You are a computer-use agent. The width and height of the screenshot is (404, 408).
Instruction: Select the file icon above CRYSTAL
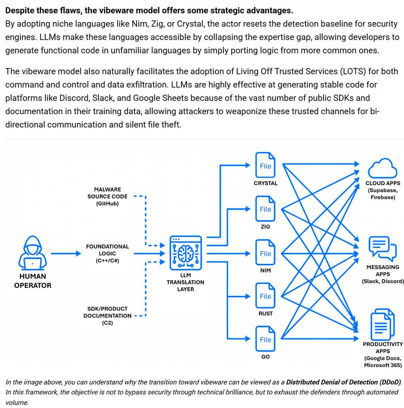click(x=265, y=165)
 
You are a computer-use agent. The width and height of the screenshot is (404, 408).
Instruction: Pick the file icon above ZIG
click(x=265, y=209)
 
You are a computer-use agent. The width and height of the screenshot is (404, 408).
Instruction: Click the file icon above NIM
click(x=265, y=253)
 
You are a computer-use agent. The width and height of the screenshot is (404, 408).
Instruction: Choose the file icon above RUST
click(x=265, y=296)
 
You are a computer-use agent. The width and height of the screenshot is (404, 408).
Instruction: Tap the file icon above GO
click(x=265, y=339)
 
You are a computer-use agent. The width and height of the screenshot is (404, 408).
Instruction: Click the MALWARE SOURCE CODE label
click(x=107, y=197)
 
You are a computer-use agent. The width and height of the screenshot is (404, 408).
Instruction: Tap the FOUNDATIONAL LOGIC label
click(x=107, y=253)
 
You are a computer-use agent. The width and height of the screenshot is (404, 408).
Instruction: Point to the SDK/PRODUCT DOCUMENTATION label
click(x=107, y=316)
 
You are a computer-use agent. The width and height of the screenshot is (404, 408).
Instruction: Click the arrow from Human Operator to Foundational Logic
click(x=66, y=254)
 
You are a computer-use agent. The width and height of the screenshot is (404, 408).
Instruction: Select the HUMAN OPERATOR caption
click(x=33, y=281)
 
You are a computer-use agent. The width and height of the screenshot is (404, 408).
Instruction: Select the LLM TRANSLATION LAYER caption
click(x=185, y=282)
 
